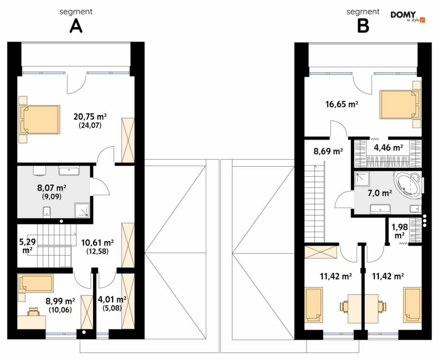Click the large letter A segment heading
coord(76,26)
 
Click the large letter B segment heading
coord(363,26)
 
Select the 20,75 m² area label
coord(90,116)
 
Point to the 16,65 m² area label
coord(342,105)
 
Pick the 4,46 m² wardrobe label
coord(389,147)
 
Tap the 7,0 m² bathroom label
coord(379,193)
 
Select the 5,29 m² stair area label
coord(27,245)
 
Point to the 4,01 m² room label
coord(112,300)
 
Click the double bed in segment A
coord(39,120)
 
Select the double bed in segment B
coord(400,105)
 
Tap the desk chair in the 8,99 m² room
coord(33,311)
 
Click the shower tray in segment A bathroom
coord(82,210)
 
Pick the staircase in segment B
coord(315,203)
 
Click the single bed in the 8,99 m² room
coord(36,283)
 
